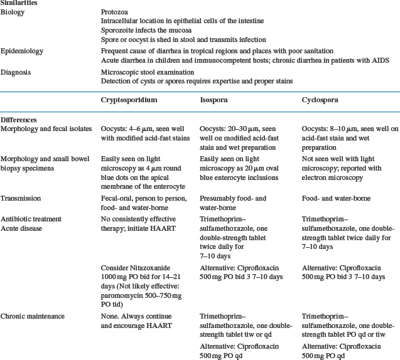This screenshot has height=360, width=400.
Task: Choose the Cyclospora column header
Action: (x=321, y=100)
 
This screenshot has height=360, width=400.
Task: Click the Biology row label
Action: (x=14, y=13)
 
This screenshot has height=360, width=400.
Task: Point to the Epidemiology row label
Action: (x=22, y=51)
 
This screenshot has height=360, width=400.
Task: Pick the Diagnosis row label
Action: (x=17, y=73)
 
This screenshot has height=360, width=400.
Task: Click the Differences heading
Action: (x=19, y=119)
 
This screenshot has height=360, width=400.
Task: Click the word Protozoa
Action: (x=116, y=13)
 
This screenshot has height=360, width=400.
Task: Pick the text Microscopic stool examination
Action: (x=148, y=73)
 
